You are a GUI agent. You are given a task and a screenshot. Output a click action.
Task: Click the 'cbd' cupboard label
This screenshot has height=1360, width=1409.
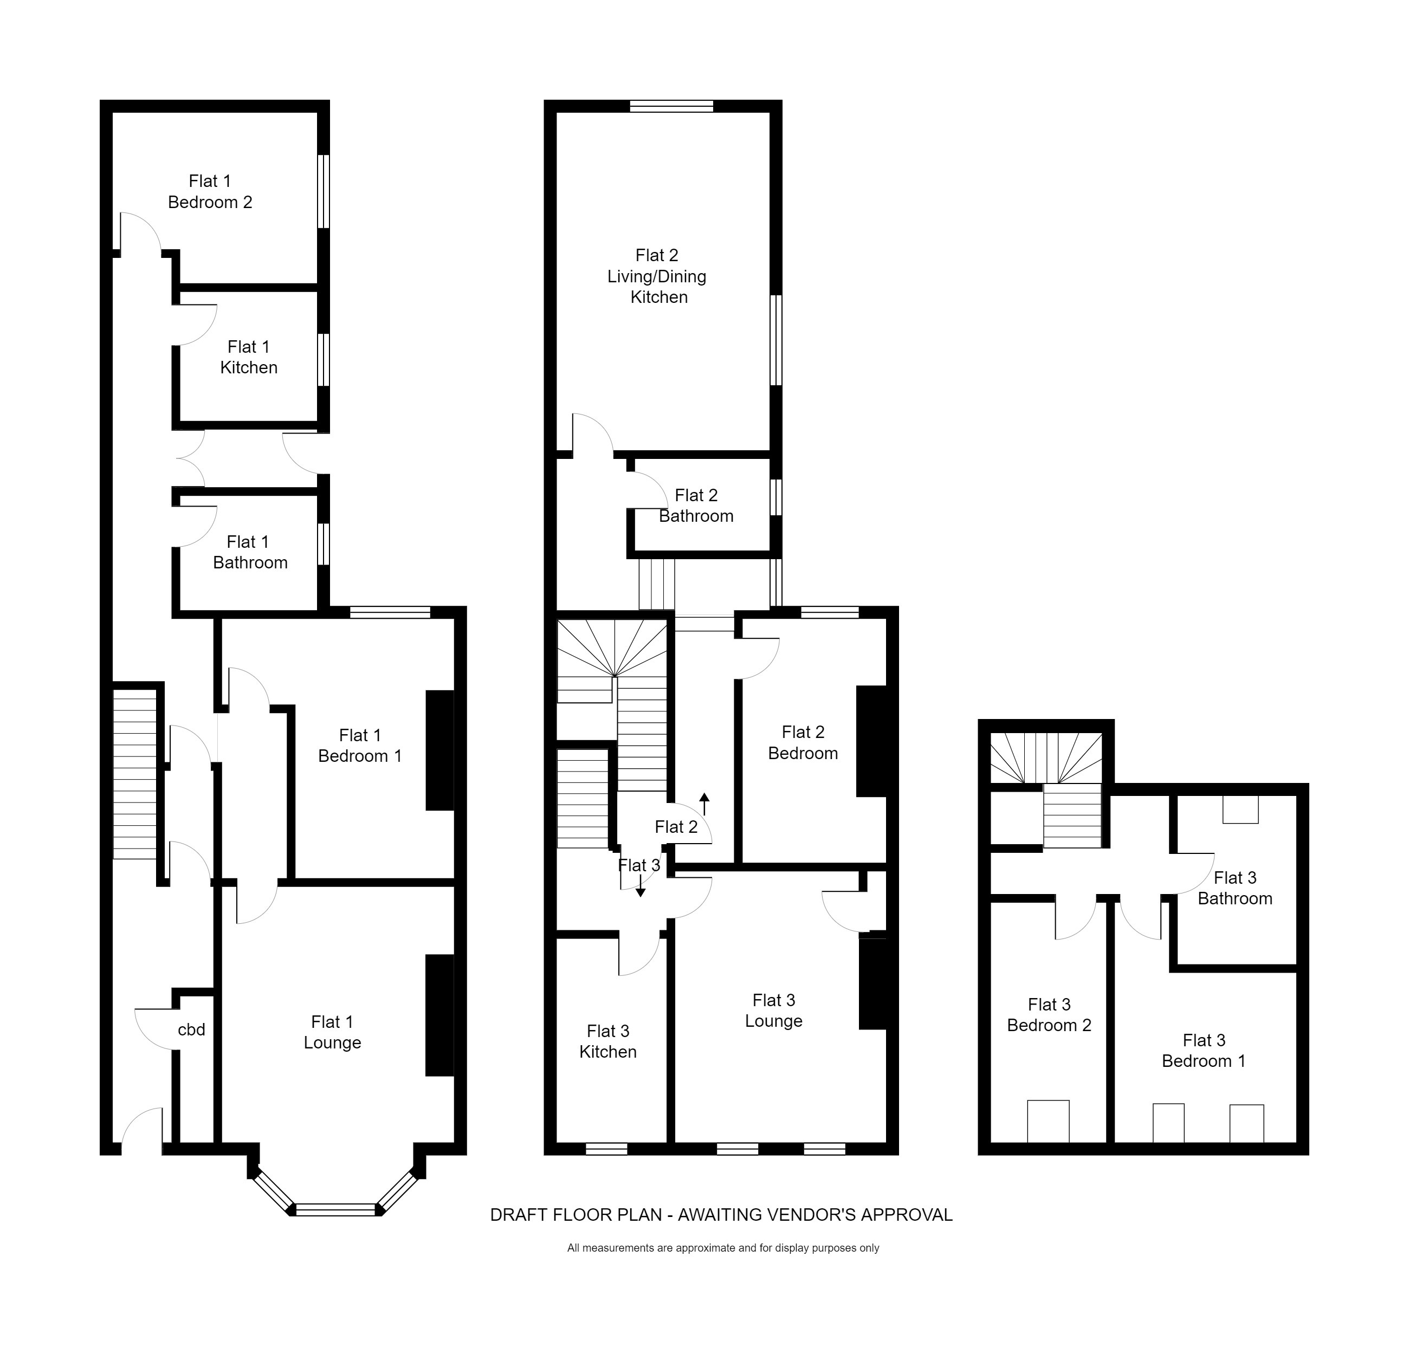[x=191, y=1030]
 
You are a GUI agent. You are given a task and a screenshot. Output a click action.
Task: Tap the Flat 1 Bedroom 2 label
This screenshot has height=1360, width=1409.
[x=210, y=192]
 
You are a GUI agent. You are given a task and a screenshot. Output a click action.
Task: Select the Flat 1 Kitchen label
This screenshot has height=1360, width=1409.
[x=249, y=357]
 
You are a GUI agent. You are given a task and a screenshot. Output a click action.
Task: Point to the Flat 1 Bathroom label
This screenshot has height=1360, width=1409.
[x=249, y=552]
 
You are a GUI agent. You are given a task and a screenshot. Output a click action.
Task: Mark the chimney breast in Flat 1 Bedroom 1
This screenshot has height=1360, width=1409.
[x=440, y=750]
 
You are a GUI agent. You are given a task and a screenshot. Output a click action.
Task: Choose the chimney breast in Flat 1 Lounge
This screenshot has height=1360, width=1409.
[x=440, y=1015]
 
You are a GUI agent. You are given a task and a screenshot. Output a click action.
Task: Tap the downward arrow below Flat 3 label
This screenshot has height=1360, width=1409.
[x=640, y=886]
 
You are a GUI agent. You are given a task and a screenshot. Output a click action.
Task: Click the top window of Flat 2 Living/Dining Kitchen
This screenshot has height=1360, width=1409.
[x=671, y=106]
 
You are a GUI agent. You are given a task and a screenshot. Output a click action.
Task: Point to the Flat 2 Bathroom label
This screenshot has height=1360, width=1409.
[x=696, y=506]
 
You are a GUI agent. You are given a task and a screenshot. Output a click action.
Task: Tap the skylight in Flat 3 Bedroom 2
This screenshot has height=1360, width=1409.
[x=1048, y=1121]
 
